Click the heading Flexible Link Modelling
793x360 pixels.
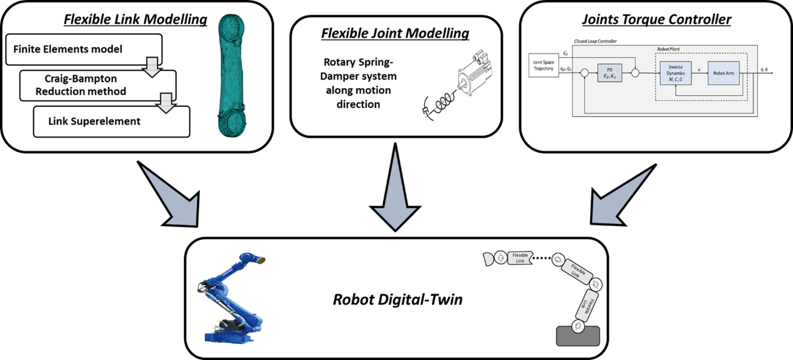pos(135,20)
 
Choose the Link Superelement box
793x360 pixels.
pos(95,121)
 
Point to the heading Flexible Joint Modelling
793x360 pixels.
pos(395,33)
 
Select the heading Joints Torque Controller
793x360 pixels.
pos(657,20)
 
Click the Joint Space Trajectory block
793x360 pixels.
pos(543,65)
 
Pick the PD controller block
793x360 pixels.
pos(609,73)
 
